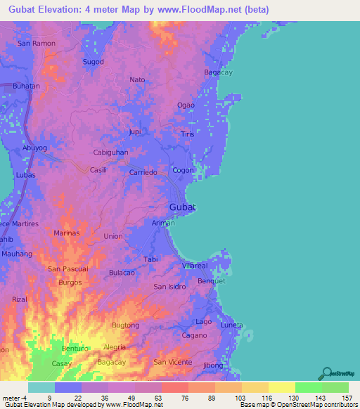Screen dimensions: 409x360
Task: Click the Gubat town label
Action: coord(182,207)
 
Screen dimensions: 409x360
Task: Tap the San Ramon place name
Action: coord(36,44)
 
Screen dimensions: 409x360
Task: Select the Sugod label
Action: coord(94,62)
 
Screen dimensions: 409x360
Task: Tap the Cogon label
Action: coord(184,171)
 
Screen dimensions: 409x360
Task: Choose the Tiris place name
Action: coord(187,134)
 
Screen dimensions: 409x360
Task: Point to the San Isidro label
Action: coord(169,287)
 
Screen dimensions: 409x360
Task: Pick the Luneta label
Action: coord(231,326)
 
